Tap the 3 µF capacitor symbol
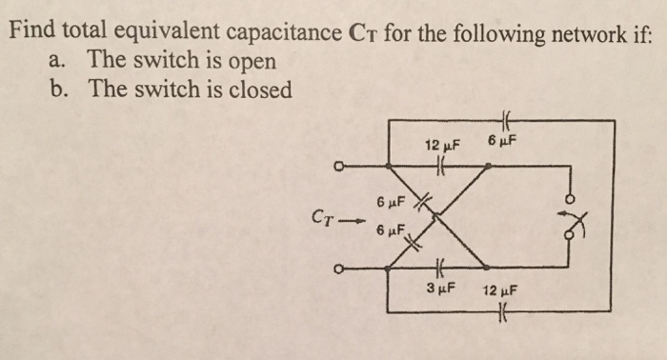click(438, 269)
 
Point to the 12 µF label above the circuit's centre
click(441, 146)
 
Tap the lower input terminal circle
click(338, 269)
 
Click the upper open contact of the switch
click(572, 199)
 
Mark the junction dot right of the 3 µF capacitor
click(485, 269)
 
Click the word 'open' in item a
click(252, 61)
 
